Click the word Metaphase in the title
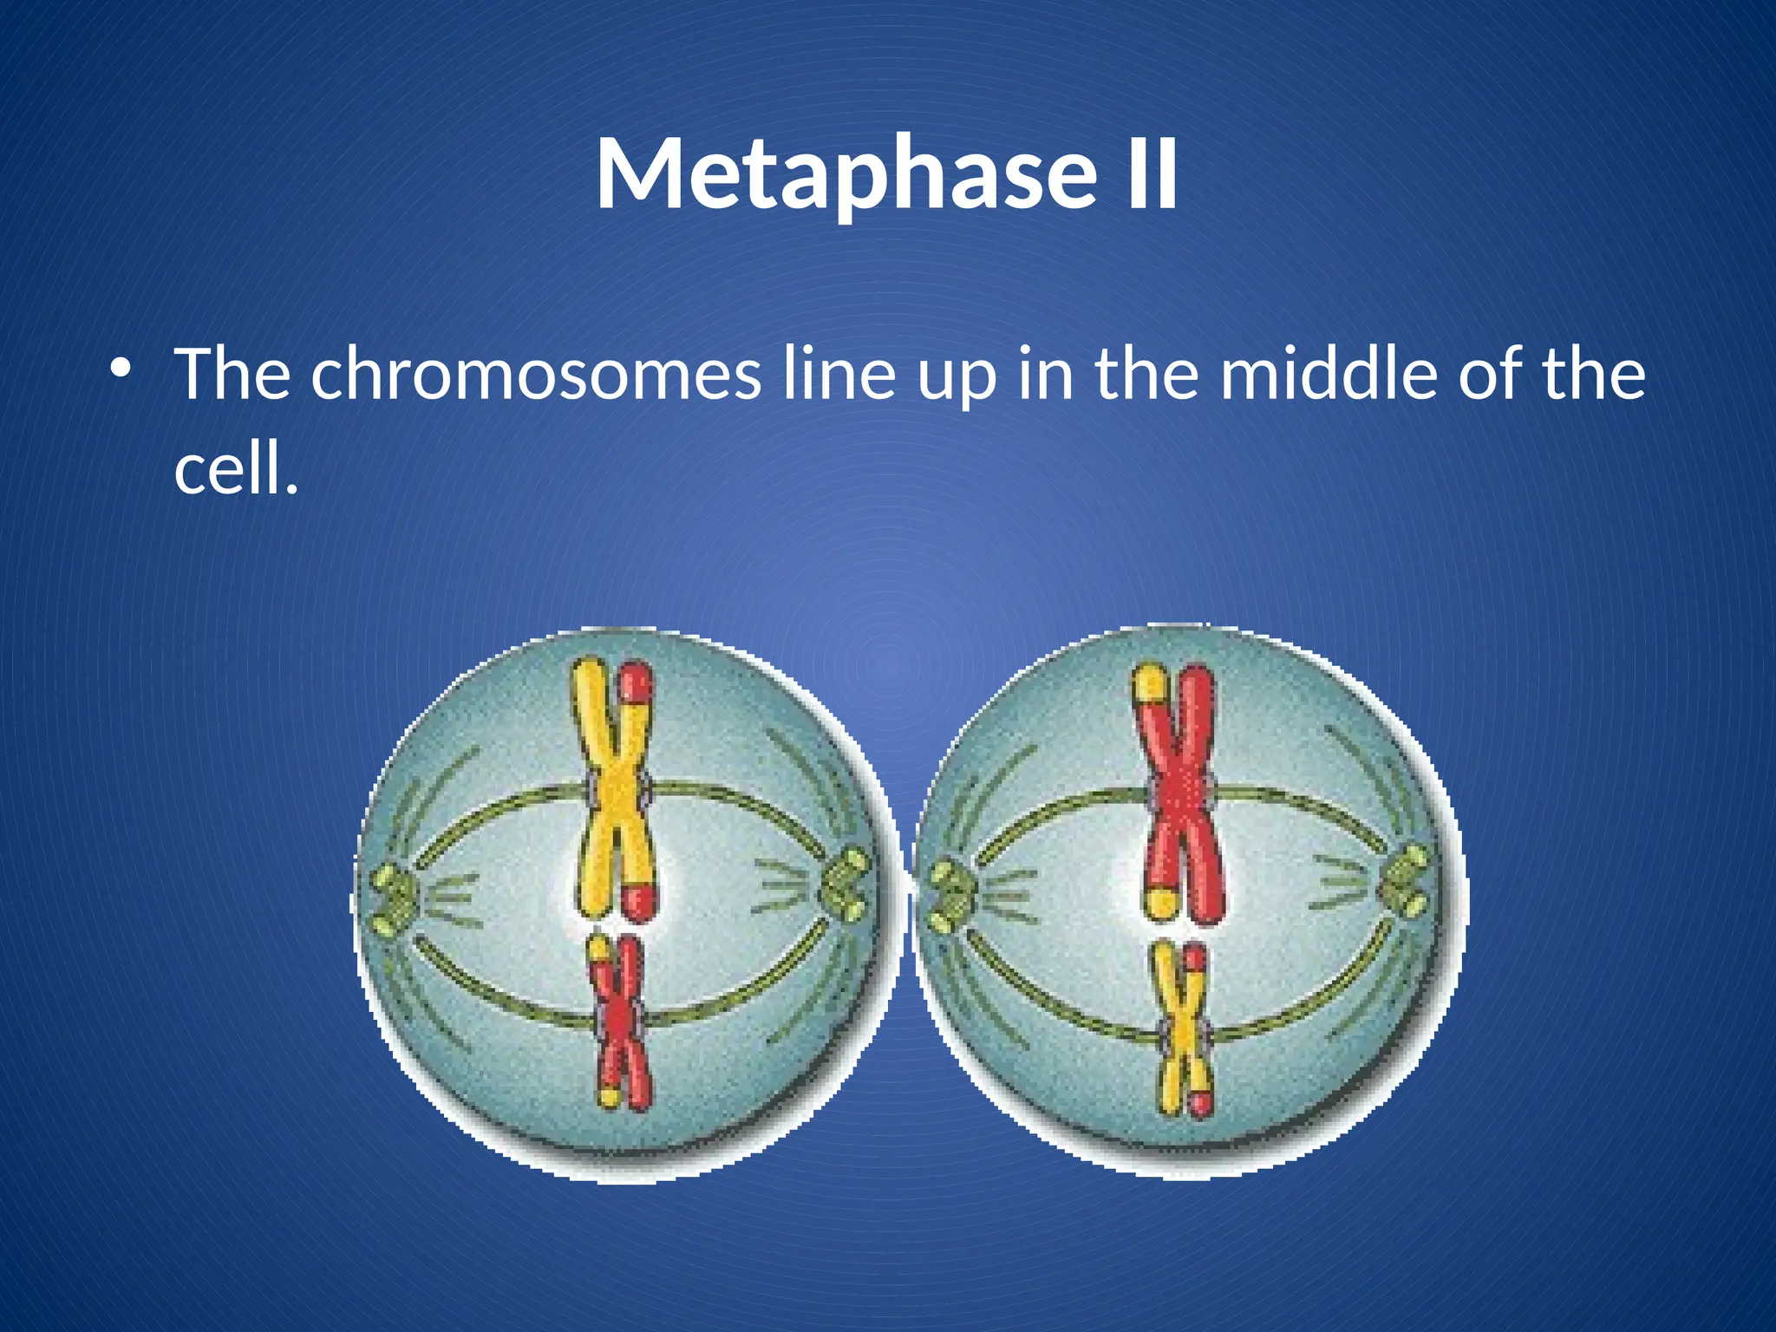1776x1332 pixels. [x=846, y=173]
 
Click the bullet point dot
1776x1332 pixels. [x=121, y=368]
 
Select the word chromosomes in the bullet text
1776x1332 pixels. [x=535, y=375]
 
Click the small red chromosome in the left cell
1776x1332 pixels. [x=620, y=1023]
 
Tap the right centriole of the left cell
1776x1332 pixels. [x=846, y=885]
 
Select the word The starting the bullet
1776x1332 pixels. [x=232, y=375]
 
